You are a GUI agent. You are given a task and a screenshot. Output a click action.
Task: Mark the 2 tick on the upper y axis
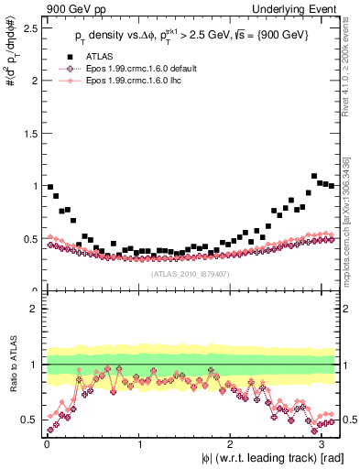[x=35, y=81]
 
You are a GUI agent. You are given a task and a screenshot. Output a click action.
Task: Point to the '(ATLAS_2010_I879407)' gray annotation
[x=191, y=272]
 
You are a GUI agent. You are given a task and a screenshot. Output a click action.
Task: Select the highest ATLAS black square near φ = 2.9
[x=314, y=176]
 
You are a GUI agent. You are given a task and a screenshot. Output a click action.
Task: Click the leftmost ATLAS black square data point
[x=50, y=187]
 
